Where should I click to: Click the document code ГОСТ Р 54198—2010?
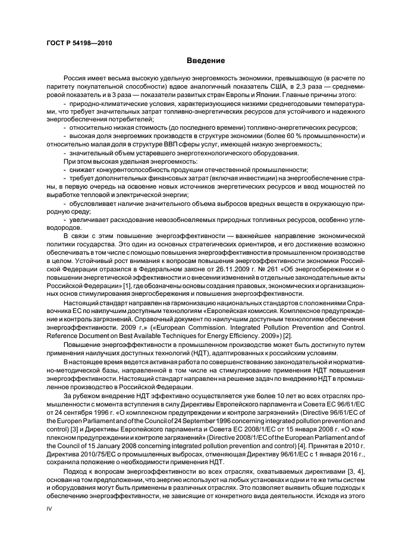pyautogui.click(x=79, y=43)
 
